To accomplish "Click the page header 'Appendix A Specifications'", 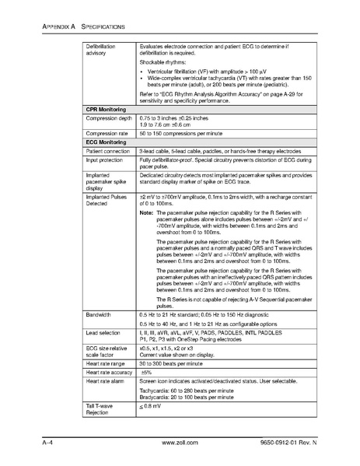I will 76,26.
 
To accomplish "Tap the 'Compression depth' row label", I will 110,118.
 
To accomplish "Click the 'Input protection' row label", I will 105,159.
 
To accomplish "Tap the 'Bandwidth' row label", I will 100,314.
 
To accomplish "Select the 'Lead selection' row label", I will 105,331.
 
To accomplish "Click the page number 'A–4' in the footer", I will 47,443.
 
